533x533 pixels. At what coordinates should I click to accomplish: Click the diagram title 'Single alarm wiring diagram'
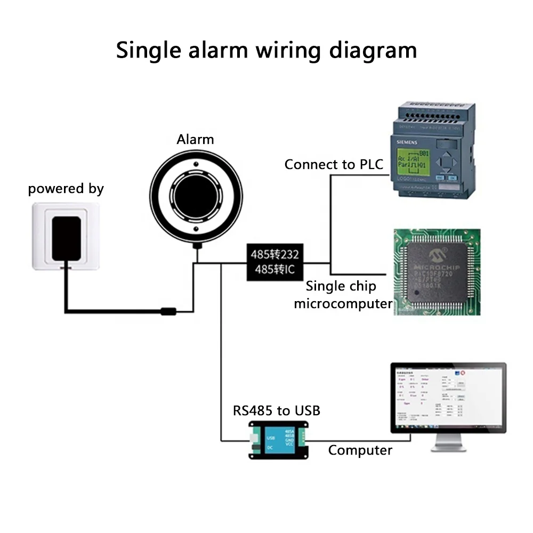pos(266,50)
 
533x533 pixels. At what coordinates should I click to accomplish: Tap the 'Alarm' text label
pos(195,140)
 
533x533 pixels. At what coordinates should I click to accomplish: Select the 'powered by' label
pos(66,189)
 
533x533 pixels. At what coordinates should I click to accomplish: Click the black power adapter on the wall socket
pos(66,239)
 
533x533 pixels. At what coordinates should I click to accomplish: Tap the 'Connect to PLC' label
pos(334,164)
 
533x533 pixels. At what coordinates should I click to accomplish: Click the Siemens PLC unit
pos(433,151)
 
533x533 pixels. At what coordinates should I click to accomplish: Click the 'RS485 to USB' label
pos(277,410)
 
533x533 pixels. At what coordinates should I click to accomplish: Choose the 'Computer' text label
pos(360,450)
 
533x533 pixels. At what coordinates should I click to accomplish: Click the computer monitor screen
pos(448,395)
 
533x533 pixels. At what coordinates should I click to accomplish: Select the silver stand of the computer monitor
pos(448,442)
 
